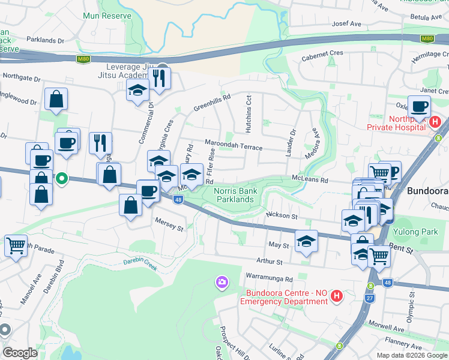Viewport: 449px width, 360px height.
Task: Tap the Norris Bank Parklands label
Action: tap(235, 195)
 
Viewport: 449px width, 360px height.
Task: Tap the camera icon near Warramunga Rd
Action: tap(222, 281)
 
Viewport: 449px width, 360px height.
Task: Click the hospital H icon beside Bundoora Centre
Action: tap(337, 296)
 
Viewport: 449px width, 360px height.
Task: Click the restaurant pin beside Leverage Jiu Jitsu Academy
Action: tap(159, 77)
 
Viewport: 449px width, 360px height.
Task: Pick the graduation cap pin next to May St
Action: tap(306, 241)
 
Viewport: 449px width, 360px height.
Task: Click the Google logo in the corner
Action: tap(20, 353)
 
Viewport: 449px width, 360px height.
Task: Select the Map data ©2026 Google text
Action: tap(411, 355)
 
